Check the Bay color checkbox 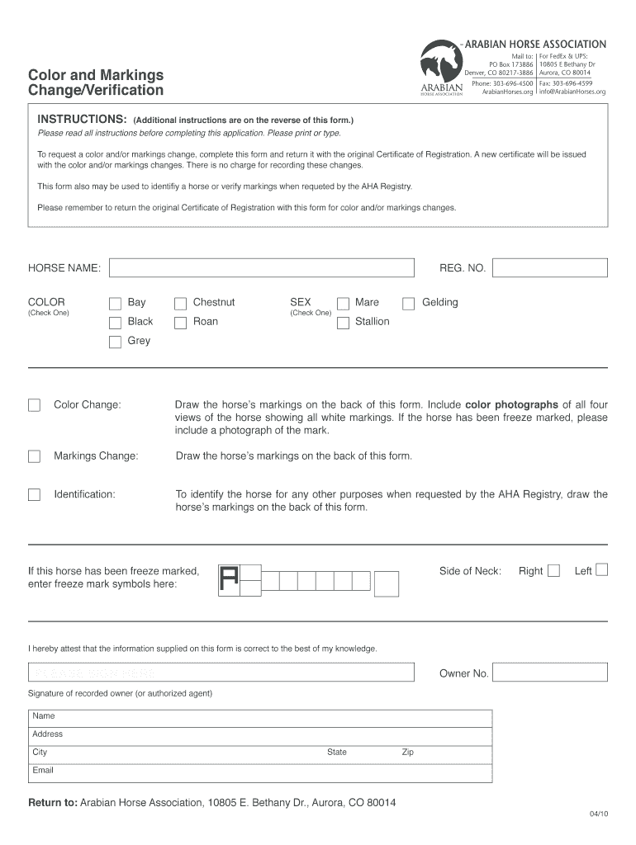pyautogui.click(x=115, y=304)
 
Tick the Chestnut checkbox pyautogui.click(x=180, y=304)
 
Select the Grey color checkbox pyautogui.click(x=115, y=342)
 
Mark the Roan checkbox pyautogui.click(x=180, y=323)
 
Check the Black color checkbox pyautogui.click(x=115, y=323)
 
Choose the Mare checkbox pyautogui.click(x=343, y=304)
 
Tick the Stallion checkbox pyautogui.click(x=343, y=323)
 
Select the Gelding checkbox pyautogui.click(x=408, y=304)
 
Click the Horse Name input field pyautogui.click(x=261, y=268)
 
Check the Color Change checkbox pyautogui.click(x=34, y=405)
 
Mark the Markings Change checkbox pyautogui.click(x=34, y=456)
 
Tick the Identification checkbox pyautogui.click(x=34, y=494)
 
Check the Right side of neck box pyautogui.click(x=553, y=570)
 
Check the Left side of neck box pyautogui.click(x=601, y=569)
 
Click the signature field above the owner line pyautogui.click(x=221, y=673)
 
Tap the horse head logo pyautogui.click(x=439, y=64)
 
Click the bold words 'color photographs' pyautogui.click(x=511, y=405)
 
